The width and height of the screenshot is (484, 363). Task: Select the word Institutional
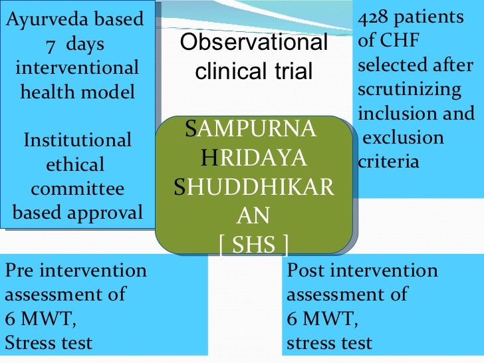tap(77, 140)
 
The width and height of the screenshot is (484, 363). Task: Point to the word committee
tap(77, 189)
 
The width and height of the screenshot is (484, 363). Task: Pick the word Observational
tap(255, 44)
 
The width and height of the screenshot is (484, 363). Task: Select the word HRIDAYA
tap(253, 158)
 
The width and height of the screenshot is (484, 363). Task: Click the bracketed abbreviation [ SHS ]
tap(253, 246)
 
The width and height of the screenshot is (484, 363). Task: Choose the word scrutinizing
tap(409, 90)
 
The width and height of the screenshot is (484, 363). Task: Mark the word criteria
tap(388, 162)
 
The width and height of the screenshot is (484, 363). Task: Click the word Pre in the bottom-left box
tap(19, 271)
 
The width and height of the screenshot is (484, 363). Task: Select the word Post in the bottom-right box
tap(304, 271)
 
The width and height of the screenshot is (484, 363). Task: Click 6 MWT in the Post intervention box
tap(322, 320)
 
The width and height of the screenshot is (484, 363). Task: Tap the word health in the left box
tap(49, 92)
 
